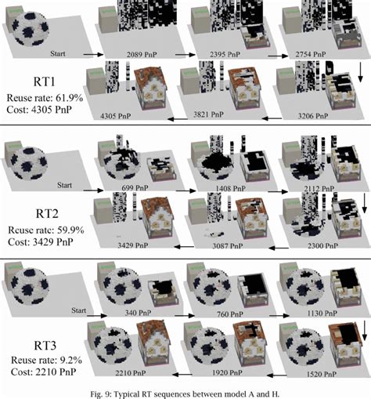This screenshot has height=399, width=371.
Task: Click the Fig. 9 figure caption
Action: point(185,391)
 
